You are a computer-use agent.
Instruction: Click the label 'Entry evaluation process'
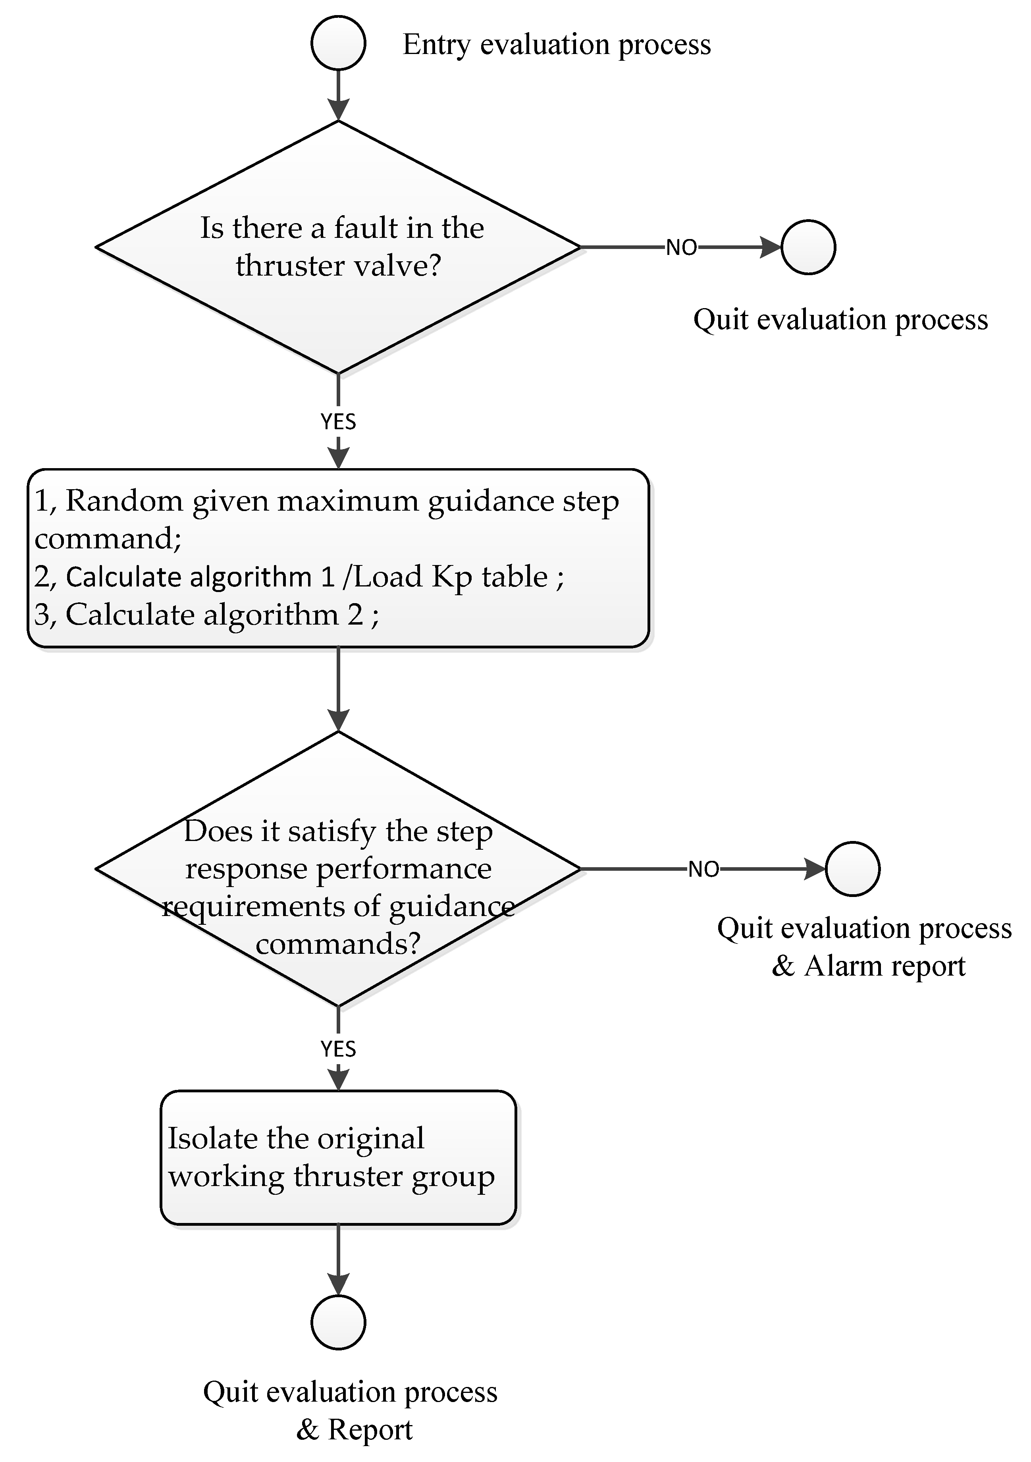557,44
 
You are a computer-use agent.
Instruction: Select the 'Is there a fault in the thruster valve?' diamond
338,247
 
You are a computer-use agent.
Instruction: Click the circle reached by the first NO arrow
808,247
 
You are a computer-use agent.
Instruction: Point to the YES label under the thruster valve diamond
338,422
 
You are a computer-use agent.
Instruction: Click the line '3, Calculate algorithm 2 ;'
206,615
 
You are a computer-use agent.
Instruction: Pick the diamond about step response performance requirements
338,868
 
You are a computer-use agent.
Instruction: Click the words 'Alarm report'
885,966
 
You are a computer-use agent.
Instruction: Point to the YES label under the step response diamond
338,1049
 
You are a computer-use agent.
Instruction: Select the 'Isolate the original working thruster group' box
338,1157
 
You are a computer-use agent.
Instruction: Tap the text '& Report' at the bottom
354,1429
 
